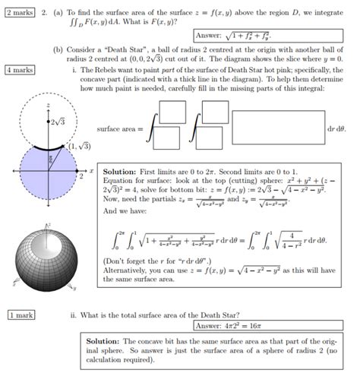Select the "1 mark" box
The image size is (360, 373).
(20, 314)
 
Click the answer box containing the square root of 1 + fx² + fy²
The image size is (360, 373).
(249, 35)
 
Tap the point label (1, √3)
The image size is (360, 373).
(79, 145)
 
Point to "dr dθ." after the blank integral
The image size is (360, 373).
(338, 129)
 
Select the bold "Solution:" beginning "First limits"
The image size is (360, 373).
(117, 172)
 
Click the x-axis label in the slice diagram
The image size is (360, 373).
(90, 171)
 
